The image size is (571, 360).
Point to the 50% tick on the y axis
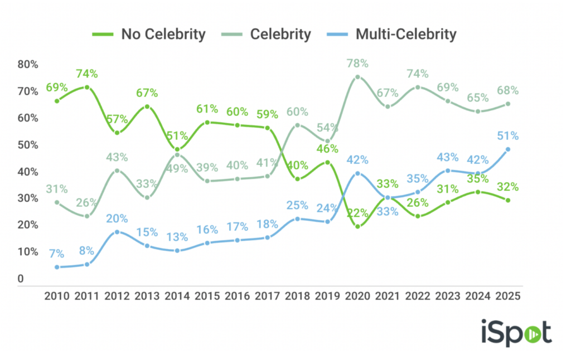click(x=27, y=145)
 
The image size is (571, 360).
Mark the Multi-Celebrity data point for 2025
click(x=508, y=149)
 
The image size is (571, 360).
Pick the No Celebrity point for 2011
click(x=87, y=87)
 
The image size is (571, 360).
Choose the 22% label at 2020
click(x=357, y=212)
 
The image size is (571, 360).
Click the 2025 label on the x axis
click(x=508, y=296)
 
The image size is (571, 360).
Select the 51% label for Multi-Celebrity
click(x=508, y=135)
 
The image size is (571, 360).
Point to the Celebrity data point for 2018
click(x=298, y=125)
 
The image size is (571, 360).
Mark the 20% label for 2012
click(x=117, y=218)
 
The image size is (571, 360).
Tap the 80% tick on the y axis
click(x=27, y=65)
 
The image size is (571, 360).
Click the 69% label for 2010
click(x=56, y=87)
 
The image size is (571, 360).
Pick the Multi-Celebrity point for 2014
click(x=177, y=251)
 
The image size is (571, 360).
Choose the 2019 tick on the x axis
click(x=327, y=296)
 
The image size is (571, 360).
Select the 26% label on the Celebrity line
click(x=87, y=202)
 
